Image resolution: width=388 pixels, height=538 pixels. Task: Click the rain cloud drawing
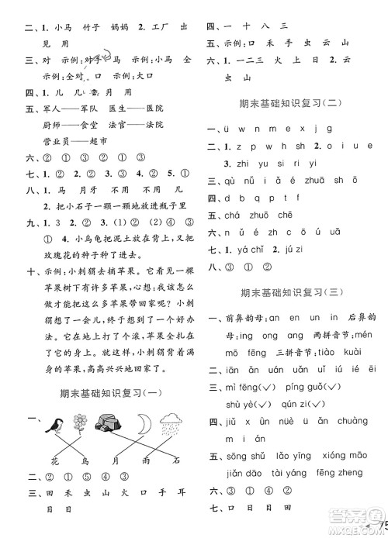click(x=175, y=422)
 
